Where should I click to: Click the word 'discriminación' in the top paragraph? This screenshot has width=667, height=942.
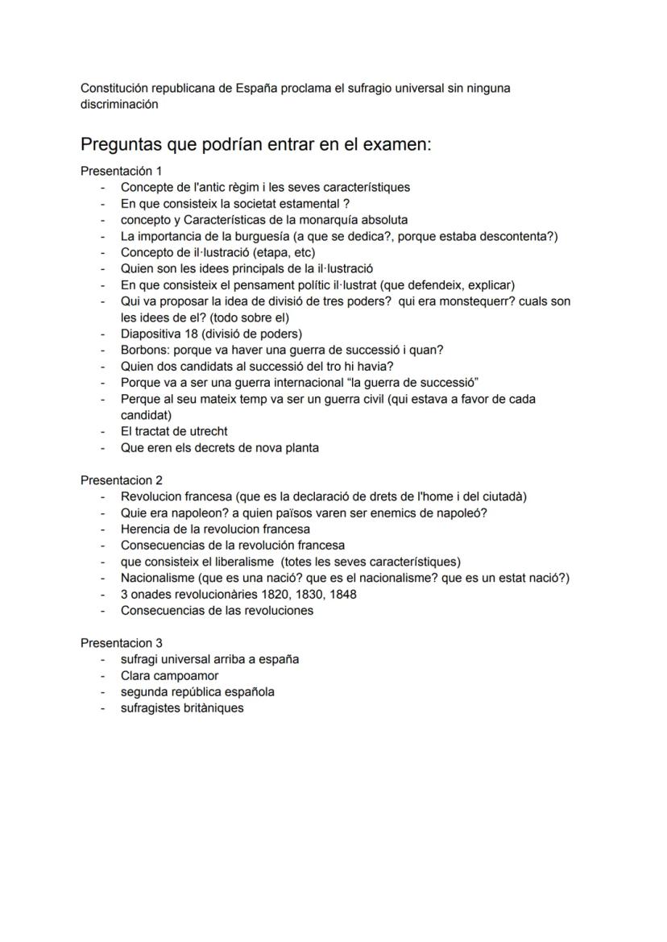(x=119, y=104)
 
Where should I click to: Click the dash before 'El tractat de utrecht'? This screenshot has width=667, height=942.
(x=103, y=432)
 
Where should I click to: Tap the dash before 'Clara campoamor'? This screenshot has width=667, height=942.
(x=103, y=675)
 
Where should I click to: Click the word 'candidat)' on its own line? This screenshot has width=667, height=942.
(x=146, y=415)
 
